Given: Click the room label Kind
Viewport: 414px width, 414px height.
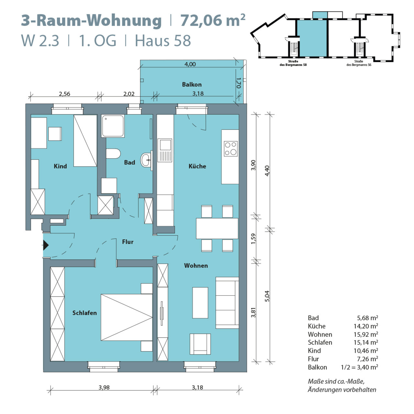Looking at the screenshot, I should pos(60,166).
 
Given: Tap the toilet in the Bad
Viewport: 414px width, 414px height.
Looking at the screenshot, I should pos(113,154).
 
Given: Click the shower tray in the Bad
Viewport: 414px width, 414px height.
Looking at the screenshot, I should pos(113,126).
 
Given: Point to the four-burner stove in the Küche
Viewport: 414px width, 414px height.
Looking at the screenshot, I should pos(231,149).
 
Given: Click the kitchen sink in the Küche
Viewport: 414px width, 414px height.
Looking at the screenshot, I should pos(165,150).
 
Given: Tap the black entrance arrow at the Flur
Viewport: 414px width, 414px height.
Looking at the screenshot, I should pos(46,245).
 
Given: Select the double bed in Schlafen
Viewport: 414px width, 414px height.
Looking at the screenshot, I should pos(126,317).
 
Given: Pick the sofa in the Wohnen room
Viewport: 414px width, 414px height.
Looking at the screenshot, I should pos(227,303).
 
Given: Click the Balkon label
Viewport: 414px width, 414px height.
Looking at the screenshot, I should pos(192,84).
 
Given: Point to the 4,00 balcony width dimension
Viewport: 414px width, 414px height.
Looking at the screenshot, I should pos(190,64).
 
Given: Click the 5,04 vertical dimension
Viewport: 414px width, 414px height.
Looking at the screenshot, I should pos(267,296).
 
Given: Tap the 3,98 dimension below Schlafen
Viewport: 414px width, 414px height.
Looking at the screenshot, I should pos(104,387).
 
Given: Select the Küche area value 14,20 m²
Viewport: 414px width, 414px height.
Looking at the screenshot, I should pos(365,326).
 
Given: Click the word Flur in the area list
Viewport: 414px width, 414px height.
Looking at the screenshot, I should pos(313,359).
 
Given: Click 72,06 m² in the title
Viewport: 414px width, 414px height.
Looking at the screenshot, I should pos(212,20).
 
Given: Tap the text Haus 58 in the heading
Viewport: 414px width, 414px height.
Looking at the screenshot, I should pos(163,41).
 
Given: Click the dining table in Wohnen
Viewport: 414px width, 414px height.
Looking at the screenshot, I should pos(217,228).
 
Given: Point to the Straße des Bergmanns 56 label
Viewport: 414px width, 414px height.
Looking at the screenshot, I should pos(359,63).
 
